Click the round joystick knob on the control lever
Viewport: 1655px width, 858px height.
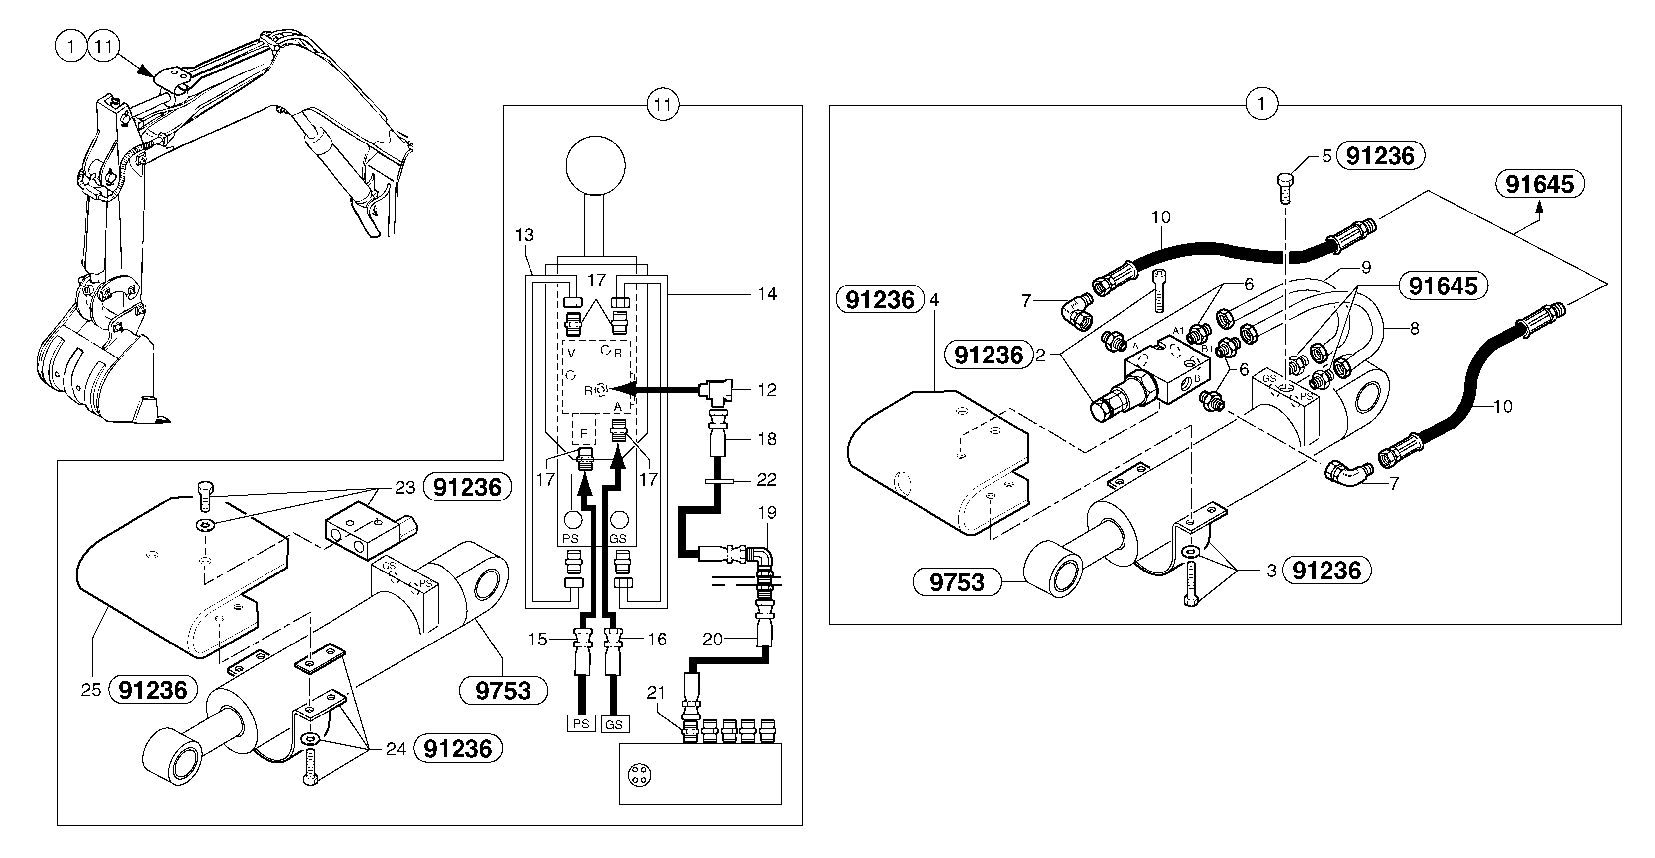(595, 165)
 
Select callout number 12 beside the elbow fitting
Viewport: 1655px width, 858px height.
(767, 390)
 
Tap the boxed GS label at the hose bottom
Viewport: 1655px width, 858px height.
(614, 724)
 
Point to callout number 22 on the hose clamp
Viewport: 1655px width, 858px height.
(767, 480)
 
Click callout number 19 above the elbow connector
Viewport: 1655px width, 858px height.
(767, 513)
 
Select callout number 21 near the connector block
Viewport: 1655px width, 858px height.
(656, 692)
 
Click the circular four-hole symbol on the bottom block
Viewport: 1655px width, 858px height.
(639, 775)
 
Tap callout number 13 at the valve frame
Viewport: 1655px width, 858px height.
(524, 235)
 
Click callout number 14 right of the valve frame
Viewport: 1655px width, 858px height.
(767, 294)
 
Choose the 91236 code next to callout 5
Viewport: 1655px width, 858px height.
(1380, 156)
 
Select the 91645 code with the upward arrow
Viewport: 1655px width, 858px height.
(1539, 184)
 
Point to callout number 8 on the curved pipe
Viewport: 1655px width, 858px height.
(1414, 328)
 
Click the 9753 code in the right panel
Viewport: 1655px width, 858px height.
(957, 582)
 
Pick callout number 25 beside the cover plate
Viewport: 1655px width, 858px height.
(91, 690)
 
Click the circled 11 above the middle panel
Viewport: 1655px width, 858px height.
(662, 105)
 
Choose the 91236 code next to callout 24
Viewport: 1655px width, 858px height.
(458, 749)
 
